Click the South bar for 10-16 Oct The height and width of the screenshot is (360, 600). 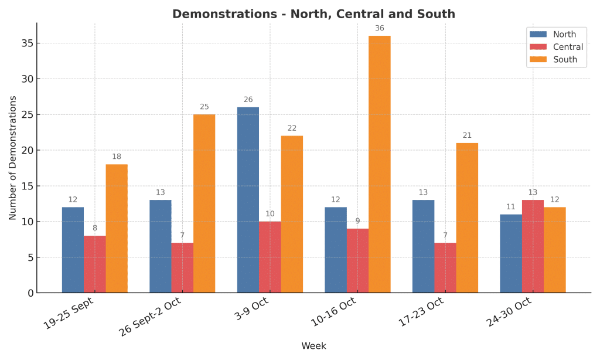(x=379, y=164)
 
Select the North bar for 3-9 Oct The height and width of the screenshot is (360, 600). (x=248, y=200)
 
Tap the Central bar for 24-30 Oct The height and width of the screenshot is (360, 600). (x=533, y=246)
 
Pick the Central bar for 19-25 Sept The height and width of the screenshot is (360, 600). (x=95, y=264)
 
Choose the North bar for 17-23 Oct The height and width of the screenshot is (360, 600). (x=423, y=246)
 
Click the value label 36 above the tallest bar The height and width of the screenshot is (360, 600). (x=379, y=28)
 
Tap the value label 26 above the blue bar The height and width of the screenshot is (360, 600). (x=248, y=100)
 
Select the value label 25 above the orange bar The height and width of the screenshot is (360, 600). (x=204, y=107)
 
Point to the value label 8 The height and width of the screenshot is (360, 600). (x=95, y=228)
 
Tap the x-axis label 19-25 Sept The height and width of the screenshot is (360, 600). (x=69, y=314)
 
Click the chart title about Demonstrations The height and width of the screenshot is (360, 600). (x=313, y=14)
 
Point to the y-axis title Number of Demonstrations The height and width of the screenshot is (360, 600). (x=13, y=158)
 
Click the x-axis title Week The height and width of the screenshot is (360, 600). (x=313, y=346)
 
